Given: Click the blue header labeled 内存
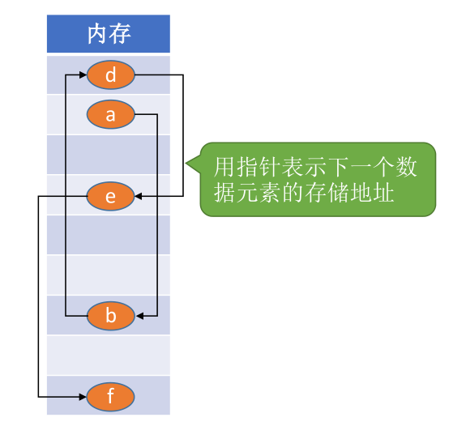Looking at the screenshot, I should pyautogui.click(x=109, y=34).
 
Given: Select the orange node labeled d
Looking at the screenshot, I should pyautogui.click(x=110, y=75).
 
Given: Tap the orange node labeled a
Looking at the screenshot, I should pyautogui.click(x=110, y=115).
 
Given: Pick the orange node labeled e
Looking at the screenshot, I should pyautogui.click(x=110, y=195).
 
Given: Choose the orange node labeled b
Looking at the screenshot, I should pyautogui.click(x=110, y=315).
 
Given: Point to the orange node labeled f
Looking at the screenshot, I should pyautogui.click(x=110, y=397).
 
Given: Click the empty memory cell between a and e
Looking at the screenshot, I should pyautogui.click(x=109, y=155).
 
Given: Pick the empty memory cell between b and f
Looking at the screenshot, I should pyautogui.click(x=109, y=355).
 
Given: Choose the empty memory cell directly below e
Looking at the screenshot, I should pyautogui.click(x=109, y=235).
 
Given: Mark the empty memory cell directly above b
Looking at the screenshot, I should pyautogui.click(x=109, y=275).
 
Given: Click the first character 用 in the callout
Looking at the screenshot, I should pyautogui.click(x=224, y=168).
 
